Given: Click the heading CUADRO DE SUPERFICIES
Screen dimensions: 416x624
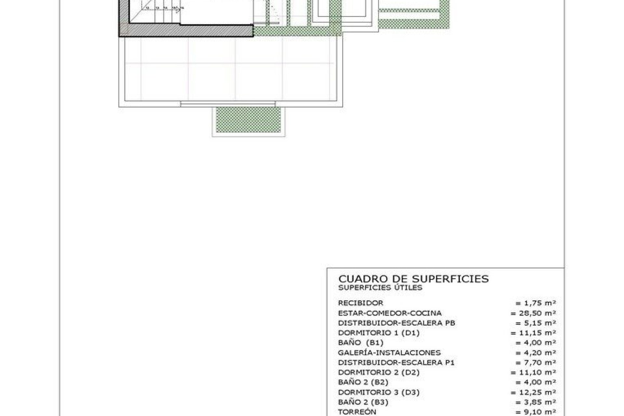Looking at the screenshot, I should (413, 279).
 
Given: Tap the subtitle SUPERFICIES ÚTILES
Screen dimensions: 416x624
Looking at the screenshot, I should (380, 288).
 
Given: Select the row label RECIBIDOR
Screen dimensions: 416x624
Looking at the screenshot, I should (360, 303).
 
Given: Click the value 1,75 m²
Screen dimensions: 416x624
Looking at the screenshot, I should (536, 303).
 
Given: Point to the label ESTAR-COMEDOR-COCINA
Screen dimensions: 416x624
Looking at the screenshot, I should (390, 313).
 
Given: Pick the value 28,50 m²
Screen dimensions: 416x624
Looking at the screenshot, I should (533, 313).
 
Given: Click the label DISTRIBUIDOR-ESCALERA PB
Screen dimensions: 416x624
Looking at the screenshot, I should (396, 323).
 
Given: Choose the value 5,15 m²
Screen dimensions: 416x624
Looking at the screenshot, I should (536, 323).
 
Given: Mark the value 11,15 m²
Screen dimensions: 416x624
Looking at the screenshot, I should (533, 333).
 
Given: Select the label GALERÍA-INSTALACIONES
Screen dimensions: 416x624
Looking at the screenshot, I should (389, 353).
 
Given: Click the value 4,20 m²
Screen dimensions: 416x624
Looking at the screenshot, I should (536, 353).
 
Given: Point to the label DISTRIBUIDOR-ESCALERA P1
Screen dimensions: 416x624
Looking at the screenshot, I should (396, 362).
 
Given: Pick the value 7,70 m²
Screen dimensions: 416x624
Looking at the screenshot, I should (536, 362).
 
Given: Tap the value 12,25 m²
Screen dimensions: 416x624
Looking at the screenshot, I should (533, 392).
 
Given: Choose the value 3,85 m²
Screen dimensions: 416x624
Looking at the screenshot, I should (536, 402).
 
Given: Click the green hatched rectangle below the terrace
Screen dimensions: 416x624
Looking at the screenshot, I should (248, 120).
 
